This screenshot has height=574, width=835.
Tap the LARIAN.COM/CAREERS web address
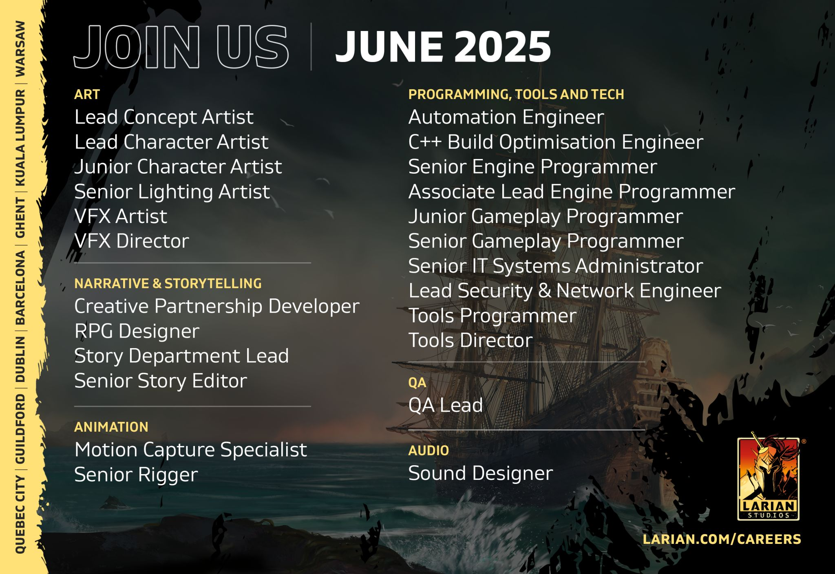[x=722, y=539]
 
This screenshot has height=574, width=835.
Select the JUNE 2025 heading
[x=443, y=47]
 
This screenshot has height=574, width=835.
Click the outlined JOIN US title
[x=181, y=47]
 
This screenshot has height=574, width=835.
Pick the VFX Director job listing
[x=132, y=241]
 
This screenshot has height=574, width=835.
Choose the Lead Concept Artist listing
[x=164, y=117]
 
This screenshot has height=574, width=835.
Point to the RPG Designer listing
[x=137, y=331]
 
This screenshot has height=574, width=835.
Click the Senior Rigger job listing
[x=136, y=475]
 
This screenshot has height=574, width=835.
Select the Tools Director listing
[x=471, y=340]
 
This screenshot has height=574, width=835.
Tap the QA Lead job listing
[x=446, y=405]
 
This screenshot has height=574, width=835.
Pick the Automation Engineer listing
[x=506, y=117]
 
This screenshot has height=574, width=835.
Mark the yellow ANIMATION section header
[x=111, y=427]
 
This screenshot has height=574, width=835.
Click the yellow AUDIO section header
[x=429, y=450]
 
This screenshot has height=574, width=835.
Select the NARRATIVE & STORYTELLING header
[x=168, y=283]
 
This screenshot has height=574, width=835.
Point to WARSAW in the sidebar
[x=20, y=49]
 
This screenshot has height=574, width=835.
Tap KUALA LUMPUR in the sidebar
[x=20, y=138]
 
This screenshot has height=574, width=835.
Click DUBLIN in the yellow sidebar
[x=20, y=359]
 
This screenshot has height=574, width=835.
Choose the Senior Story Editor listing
[x=161, y=381]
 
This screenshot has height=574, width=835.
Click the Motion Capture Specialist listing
[x=191, y=450]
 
